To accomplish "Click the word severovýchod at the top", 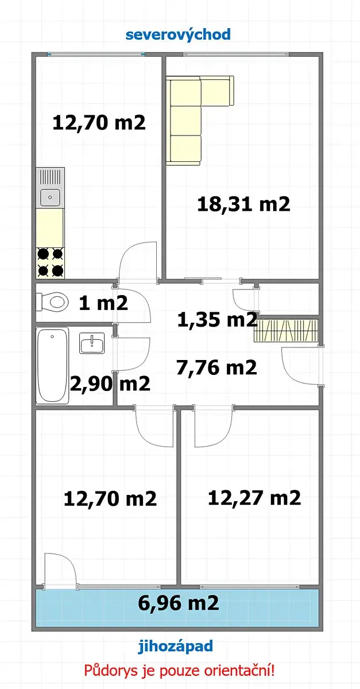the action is (178, 34).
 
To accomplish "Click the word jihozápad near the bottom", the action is (176, 646).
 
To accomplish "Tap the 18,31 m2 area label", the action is (243, 204).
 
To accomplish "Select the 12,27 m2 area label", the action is (254, 498).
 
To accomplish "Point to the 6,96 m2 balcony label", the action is (179, 603).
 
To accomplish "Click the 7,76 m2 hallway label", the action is (216, 367).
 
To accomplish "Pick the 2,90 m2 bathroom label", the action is (110, 384).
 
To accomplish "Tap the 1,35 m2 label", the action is (217, 319).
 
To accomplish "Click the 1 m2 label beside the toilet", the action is (103, 303).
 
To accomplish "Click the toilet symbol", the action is (52, 302).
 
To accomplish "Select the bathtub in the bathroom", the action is (52, 365).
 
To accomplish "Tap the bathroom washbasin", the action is (92, 343).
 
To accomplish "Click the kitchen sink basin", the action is (51, 197).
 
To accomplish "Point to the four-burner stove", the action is (50, 263).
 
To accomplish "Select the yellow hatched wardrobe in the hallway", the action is (285, 331).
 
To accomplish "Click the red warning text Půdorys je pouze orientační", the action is (179, 671).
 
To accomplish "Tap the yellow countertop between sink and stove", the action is (50, 228).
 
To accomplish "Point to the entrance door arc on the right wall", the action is (292, 371).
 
